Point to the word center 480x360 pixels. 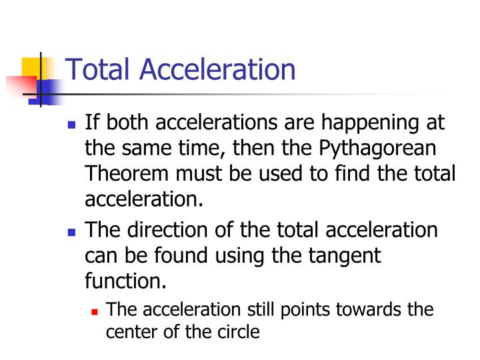tap(130, 331)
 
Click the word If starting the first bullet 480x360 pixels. tap(93, 124)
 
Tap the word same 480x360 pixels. tap(143, 149)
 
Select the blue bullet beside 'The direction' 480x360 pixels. tap(73, 231)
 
